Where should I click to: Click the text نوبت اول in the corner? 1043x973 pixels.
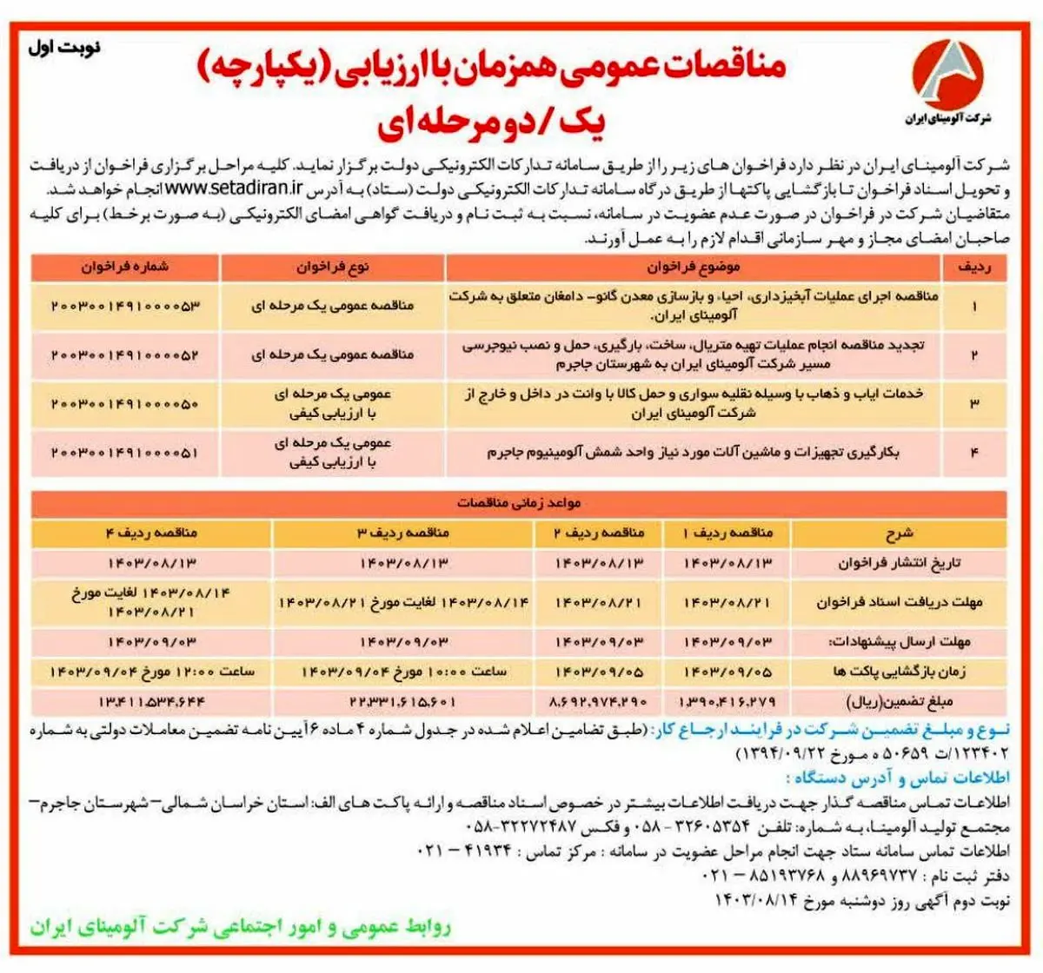[x=64, y=47]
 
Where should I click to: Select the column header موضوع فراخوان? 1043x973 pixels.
[x=694, y=268]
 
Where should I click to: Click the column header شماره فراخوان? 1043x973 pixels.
[x=125, y=268]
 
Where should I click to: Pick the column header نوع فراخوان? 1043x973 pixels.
[x=333, y=268]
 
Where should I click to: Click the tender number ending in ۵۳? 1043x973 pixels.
[x=125, y=306]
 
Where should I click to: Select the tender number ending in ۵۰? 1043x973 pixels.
[x=125, y=404]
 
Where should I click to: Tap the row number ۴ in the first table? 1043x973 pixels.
[x=974, y=453]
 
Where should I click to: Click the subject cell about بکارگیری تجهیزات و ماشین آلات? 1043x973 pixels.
[x=694, y=453]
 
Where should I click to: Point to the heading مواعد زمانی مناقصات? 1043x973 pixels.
[x=519, y=503]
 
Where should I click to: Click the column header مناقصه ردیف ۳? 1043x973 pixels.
[x=403, y=533]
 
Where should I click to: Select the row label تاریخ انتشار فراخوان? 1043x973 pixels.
[x=900, y=563]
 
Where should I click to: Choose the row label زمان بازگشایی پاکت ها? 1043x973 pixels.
[x=900, y=672]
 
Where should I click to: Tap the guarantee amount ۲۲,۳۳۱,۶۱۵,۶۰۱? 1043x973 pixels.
[x=403, y=701]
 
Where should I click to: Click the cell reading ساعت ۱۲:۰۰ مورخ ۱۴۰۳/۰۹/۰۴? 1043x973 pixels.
[x=152, y=672]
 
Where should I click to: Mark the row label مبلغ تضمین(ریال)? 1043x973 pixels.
[x=900, y=701]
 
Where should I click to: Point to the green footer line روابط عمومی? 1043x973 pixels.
[x=241, y=928]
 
